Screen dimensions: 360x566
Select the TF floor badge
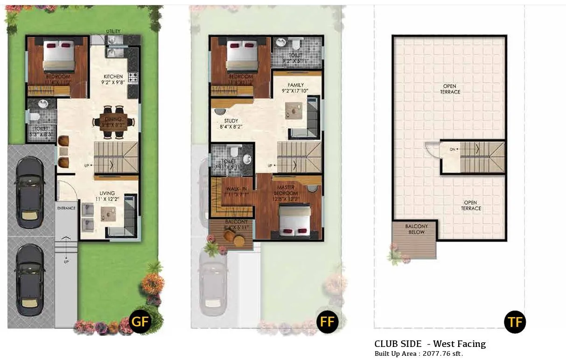click(x=515, y=322)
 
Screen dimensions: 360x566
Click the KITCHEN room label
click(x=113, y=76)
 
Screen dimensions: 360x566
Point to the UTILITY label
click(x=113, y=31)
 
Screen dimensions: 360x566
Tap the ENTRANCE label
click(x=66, y=208)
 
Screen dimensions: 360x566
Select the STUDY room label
click(x=231, y=121)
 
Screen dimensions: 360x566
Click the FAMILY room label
click(x=296, y=85)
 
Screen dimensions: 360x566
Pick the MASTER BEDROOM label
click(x=286, y=190)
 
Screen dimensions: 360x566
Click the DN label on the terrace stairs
click(x=452, y=150)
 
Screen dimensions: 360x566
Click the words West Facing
click(x=459, y=344)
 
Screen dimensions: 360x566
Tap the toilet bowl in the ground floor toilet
click(x=34, y=116)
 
